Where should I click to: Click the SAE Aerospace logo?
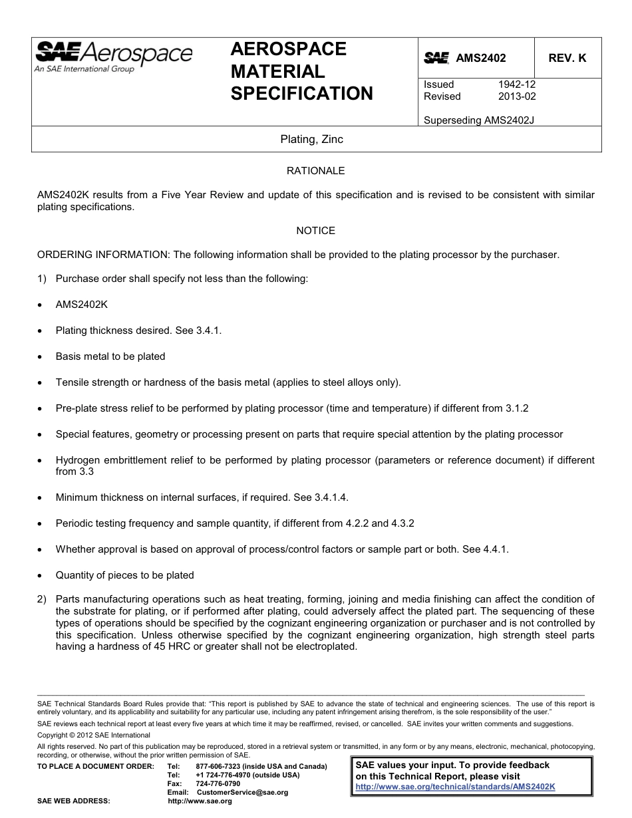[113, 57]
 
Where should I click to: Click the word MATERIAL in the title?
[277, 71]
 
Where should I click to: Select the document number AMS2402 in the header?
[480, 58]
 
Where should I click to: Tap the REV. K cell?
[567, 58]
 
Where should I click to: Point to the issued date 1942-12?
[516, 84]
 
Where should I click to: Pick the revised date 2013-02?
[516, 96]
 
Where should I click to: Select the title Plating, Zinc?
[311, 140]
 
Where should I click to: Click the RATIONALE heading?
[315, 171]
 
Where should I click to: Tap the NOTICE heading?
[315, 231]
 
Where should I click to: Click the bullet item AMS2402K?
[81, 305]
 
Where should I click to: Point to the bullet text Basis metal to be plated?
[110, 356]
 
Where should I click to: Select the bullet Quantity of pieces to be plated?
[124, 575]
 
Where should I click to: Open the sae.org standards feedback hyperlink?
[455, 786]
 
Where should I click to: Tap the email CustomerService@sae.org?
[242, 792]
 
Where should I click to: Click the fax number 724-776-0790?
[218, 783]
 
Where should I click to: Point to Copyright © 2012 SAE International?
[94, 735]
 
